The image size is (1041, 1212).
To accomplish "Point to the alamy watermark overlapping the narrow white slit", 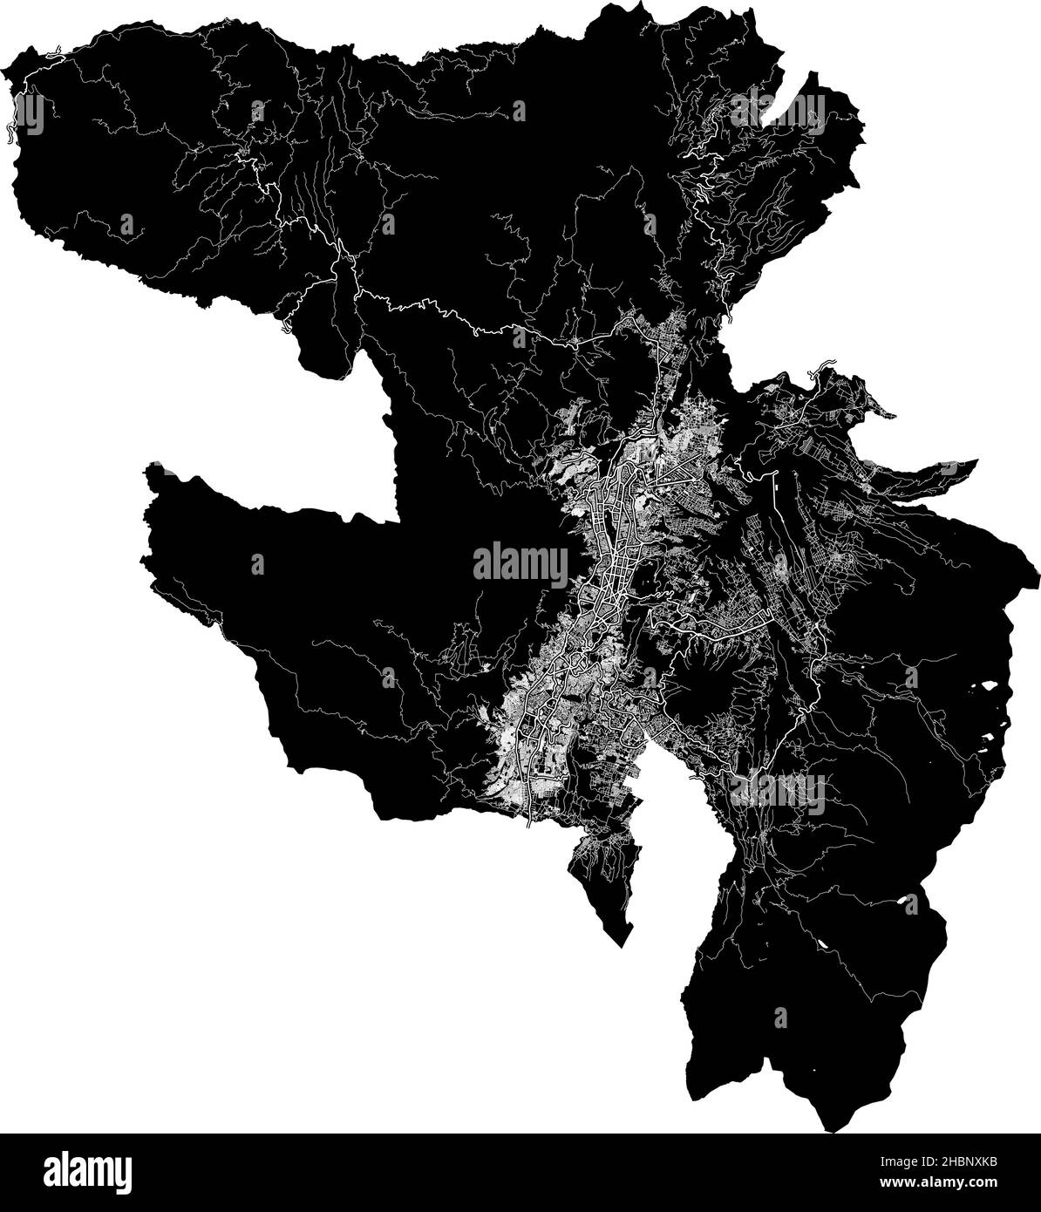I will pos(779,110).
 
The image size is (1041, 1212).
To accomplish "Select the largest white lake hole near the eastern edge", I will pos(990,688).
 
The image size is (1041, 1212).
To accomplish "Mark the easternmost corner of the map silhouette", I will pos(1038,575).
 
